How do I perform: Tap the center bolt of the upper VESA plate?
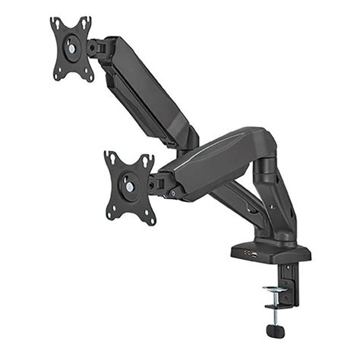coord(72,48)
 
